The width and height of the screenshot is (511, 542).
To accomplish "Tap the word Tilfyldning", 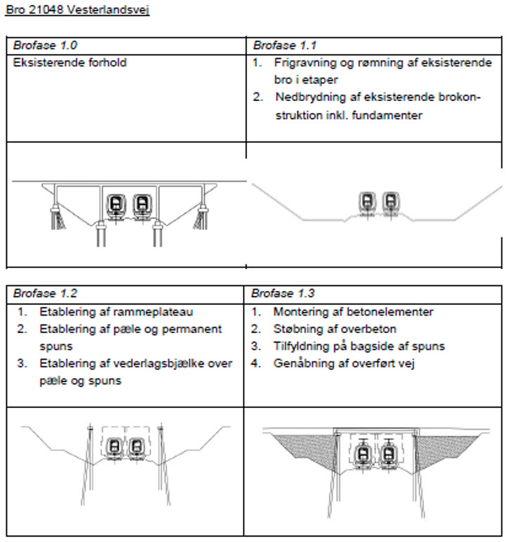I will (x=302, y=346).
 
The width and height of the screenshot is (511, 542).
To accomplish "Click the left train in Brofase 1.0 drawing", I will (x=114, y=204).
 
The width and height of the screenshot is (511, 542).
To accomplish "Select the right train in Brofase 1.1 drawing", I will (x=390, y=201).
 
